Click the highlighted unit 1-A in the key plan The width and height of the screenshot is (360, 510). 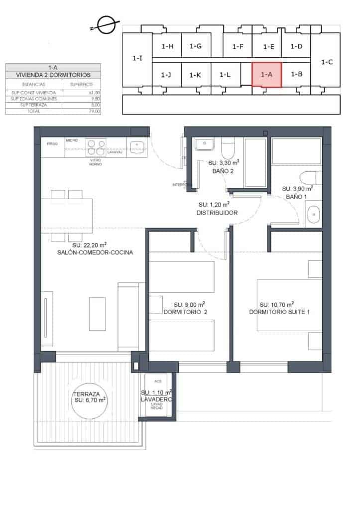[x=266, y=75]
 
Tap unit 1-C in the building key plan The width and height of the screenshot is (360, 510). [x=327, y=62]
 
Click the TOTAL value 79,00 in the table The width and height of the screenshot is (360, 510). [x=94, y=112]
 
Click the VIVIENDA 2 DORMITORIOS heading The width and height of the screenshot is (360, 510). [x=53, y=75]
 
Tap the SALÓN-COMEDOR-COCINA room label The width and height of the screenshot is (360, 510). [x=95, y=253]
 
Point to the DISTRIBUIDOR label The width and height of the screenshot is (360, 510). [x=216, y=212]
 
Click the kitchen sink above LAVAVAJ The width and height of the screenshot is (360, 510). [x=136, y=146]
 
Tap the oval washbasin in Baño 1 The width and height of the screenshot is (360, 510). [x=314, y=216]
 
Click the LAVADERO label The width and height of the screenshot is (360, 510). [x=157, y=400]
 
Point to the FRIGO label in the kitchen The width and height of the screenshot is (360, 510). [x=52, y=143]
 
